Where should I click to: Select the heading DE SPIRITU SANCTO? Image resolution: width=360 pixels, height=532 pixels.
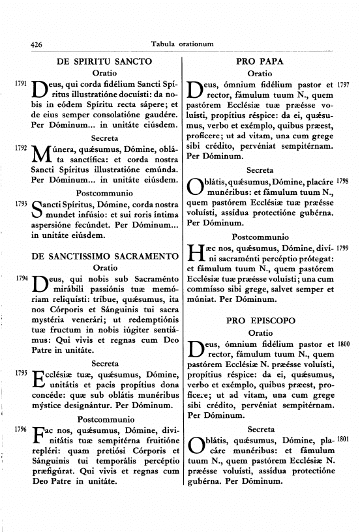click(x=105, y=61)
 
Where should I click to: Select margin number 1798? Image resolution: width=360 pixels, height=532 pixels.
click(x=345, y=180)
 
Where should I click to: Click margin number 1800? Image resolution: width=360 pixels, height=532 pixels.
click(x=345, y=344)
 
